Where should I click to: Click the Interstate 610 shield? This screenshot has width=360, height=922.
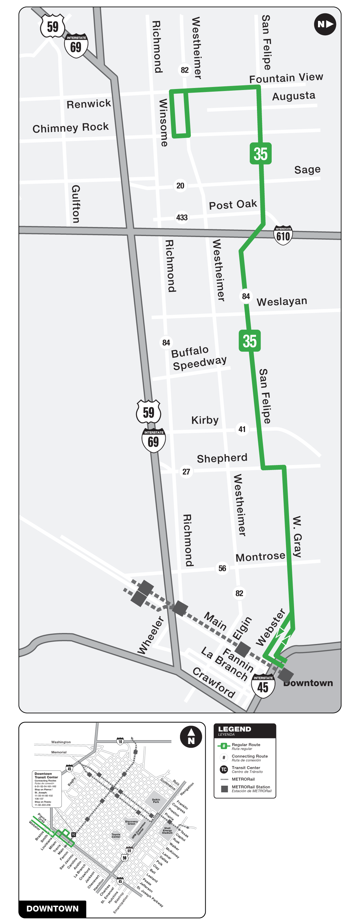[x=283, y=235]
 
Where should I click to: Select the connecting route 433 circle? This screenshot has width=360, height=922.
[x=182, y=217]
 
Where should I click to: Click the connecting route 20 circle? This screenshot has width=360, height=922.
[x=180, y=185]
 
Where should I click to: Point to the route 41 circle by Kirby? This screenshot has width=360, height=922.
[x=242, y=429]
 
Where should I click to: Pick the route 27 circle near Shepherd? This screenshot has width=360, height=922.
[x=186, y=471]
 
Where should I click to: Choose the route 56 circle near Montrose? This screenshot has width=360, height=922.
[x=222, y=568]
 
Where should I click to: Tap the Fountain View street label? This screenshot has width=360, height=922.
[x=286, y=78]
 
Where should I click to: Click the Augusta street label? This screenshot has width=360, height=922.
[x=294, y=96]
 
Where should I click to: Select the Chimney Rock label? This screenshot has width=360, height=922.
[x=70, y=128]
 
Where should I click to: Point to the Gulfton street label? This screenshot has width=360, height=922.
[x=76, y=204]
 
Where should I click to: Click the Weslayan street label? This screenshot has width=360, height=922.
[x=282, y=301]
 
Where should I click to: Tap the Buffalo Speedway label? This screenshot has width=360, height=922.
[x=199, y=358]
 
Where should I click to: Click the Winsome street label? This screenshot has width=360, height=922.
[x=163, y=122]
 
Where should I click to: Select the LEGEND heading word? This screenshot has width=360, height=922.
[x=234, y=729]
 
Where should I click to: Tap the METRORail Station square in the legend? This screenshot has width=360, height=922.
[x=224, y=789]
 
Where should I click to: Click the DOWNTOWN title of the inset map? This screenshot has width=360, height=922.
[x=52, y=908]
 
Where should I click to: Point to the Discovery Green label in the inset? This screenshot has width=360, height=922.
[x=131, y=822]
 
